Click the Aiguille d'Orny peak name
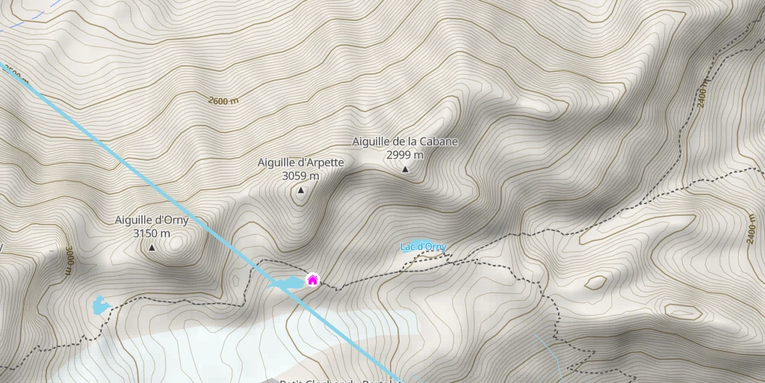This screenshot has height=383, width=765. pos(152,221)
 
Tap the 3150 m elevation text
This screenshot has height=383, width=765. pos(152,233)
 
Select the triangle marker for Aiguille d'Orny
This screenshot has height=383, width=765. pos(152,248)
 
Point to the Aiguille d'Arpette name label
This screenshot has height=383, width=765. pos(300,162)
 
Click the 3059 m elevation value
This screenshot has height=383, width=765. pos(300,176)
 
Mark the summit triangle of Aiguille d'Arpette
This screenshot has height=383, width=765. pos(300,191)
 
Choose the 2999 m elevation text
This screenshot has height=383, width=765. pos(405,155)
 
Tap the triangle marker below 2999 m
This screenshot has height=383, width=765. pos(405,169)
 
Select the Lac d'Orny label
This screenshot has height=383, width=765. pos(423,246)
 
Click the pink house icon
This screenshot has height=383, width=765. pos(312,280)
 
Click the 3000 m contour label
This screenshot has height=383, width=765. pos(68,260)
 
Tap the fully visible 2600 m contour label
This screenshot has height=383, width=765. pos(223,100)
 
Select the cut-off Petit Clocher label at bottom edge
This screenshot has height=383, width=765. pos(340,380)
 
